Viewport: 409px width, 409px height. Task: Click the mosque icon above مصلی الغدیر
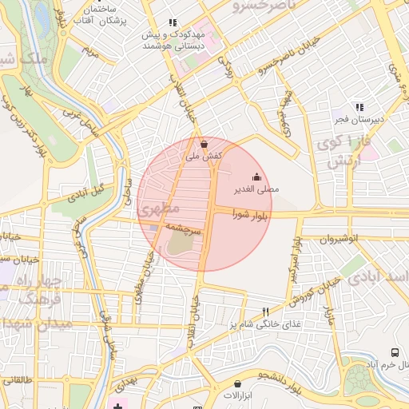[x=256, y=177]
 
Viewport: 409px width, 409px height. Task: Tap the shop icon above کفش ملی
[x=204, y=145]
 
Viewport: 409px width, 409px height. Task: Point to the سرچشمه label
[x=185, y=228]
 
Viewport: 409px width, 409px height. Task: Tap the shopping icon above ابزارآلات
[x=237, y=383]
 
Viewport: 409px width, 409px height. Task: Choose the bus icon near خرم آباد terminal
[x=395, y=352]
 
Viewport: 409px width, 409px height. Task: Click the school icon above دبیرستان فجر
[x=359, y=107]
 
